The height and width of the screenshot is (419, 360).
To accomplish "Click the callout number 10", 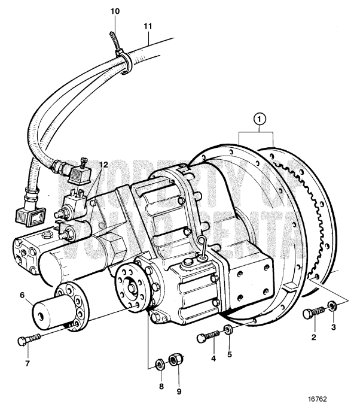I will point(115,11).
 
